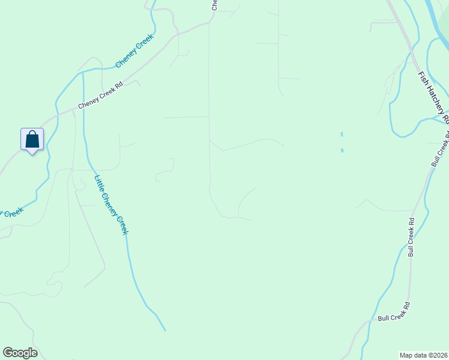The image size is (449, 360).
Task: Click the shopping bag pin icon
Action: (x=32, y=139)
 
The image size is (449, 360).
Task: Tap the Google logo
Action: (x=20, y=353)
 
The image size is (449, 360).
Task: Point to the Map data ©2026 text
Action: (x=423, y=355)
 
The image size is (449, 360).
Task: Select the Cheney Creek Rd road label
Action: (x=100, y=96)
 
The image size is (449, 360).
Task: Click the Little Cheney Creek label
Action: (x=112, y=205)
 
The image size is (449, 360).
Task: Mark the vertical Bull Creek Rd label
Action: (x=411, y=237)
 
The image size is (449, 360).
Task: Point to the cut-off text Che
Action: (x=214, y=5)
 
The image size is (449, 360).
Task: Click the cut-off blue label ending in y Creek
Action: (x=12, y=212)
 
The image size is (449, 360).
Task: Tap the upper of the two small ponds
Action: (x=342, y=134)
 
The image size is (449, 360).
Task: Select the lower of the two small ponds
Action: (x=343, y=149)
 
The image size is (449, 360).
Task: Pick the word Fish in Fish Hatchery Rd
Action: (x=423, y=78)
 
